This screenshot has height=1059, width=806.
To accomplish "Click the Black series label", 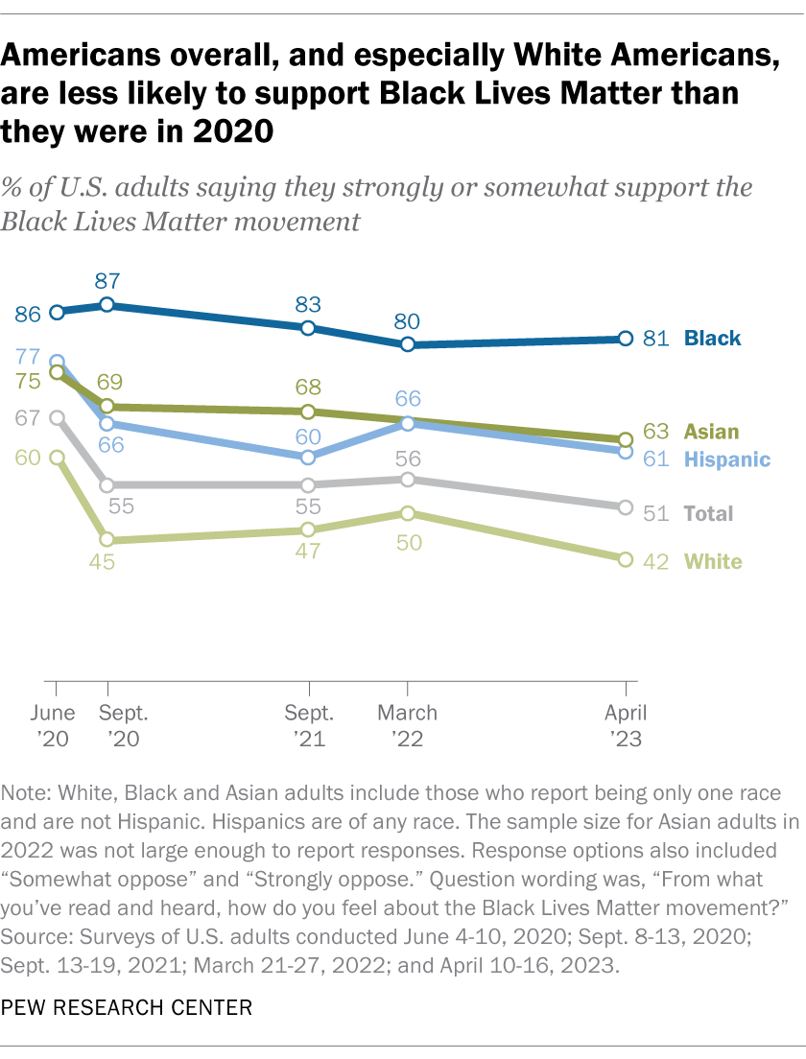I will coord(712,338).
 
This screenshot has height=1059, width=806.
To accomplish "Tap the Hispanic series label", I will coord(726,459).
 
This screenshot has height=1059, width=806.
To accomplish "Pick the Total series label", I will coord(708,512).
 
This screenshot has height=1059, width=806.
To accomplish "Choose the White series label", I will coord(712,560).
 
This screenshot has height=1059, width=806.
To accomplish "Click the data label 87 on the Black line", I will coord(107,281).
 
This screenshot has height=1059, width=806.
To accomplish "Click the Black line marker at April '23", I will coord(626,339).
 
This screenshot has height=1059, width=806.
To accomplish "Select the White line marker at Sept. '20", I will coord(107,540).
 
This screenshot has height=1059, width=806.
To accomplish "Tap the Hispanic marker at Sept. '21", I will coord(308,458).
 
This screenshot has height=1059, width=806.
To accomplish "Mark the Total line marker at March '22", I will coord(408,480).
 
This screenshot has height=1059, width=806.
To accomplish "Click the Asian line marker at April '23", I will coord(626,439).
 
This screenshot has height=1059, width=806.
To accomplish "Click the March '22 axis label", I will coord(408,725).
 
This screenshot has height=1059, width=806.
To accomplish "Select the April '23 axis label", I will coord(626,725).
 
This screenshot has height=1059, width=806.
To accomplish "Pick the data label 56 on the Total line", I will coord(408,457).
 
